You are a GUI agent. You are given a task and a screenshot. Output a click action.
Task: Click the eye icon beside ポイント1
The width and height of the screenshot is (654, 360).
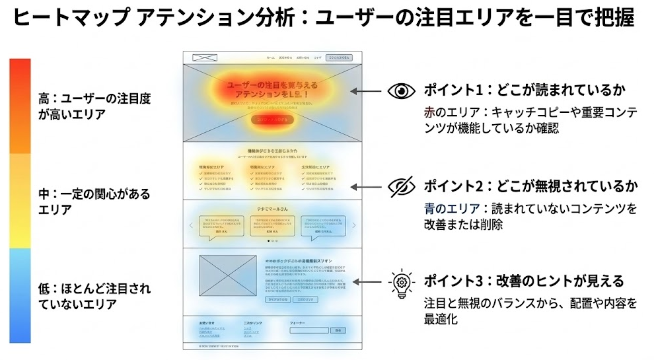pyautogui.click(x=401, y=91)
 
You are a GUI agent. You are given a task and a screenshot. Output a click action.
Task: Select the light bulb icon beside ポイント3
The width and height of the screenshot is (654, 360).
pyautogui.click(x=400, y=282)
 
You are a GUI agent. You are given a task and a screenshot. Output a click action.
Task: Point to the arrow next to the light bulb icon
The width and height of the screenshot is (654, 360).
pyautogui.click(x=365, y=282)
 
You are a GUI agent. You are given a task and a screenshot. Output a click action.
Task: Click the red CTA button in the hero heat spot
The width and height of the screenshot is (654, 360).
pyautogui.click(x=272, y=120)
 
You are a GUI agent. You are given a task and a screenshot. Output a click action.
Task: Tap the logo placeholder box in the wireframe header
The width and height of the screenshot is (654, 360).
pyautogui.click(x=204, y=57)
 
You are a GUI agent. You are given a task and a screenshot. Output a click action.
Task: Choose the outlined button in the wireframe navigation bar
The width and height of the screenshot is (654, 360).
pyautogui.click(x=340, y=57)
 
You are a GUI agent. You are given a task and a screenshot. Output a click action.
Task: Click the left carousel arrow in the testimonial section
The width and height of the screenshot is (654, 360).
pyautogui.click(x=192, y=225)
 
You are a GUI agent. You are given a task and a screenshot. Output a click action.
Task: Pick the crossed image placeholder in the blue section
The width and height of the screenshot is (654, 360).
pyautogui.click(x=227, y=276)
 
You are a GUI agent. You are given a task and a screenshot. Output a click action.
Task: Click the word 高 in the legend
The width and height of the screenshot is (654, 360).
pyautogui.click(x=44, y=99)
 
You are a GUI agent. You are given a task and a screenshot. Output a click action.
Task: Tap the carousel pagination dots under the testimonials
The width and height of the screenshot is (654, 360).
pyautogui.click(x=272, y=242)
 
